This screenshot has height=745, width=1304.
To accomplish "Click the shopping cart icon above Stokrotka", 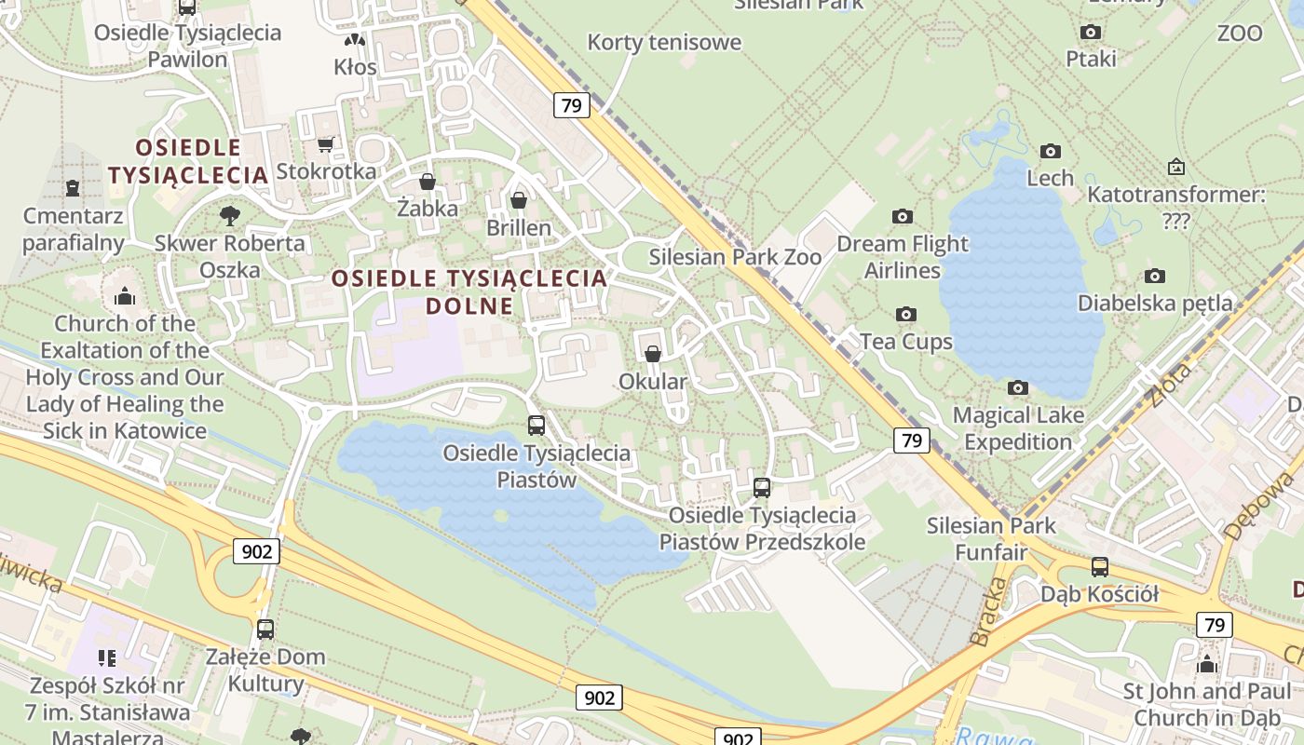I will point(325,144).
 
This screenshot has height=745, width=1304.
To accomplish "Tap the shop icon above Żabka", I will point(428,181).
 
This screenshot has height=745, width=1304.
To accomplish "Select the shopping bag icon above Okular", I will point(653,354).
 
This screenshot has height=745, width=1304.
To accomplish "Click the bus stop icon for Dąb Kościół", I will point(1100,566).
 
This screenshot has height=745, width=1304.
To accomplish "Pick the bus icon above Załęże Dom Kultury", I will point(265,629).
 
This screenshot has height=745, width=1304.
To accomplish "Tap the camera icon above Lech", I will point(1051,151).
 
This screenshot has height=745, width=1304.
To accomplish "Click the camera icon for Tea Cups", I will point(906,315).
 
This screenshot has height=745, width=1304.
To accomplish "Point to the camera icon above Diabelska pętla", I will point(1155,276).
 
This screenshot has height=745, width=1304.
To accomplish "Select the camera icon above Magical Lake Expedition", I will point(1018,387).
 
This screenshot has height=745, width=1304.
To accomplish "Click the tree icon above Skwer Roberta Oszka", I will point(229,216).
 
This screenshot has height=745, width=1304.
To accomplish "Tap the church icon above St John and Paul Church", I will point(1207,664).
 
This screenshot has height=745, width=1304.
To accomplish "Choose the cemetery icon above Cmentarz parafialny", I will point(73,188).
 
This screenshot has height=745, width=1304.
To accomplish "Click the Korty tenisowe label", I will point(664,42).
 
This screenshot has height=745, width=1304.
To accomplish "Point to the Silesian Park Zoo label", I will point(735,257).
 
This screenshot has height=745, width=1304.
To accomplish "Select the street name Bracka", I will point(989,612).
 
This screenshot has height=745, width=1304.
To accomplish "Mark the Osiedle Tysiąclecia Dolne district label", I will point(469,291).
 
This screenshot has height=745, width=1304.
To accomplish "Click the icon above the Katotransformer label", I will point(1176,168).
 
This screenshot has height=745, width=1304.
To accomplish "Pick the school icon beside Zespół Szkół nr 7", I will point(107,658).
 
